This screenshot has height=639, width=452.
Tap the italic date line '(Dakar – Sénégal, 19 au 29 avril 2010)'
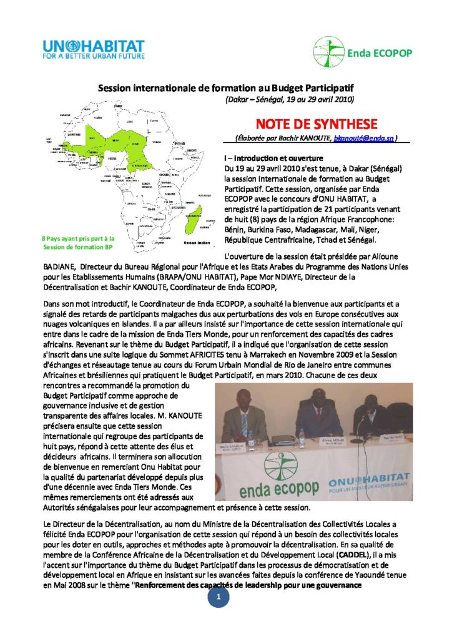(x=289, y=100)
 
